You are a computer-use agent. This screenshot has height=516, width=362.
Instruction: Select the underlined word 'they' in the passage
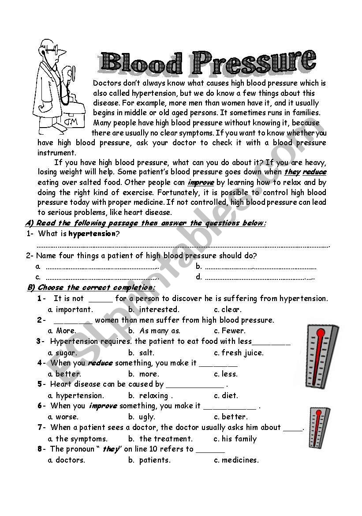point(292,172)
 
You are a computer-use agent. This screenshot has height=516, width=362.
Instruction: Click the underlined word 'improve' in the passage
point(201,182)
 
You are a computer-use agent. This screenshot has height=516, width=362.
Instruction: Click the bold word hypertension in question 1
point(92,234)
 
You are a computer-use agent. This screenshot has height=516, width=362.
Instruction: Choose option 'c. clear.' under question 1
point(228,309)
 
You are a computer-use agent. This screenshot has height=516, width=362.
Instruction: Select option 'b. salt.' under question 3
point(141,353)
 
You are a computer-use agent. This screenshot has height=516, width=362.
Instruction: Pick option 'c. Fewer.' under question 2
point(229,331)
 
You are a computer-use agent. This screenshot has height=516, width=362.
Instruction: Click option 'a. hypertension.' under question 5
point(76,395)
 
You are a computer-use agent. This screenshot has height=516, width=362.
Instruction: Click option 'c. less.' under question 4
point(225,374)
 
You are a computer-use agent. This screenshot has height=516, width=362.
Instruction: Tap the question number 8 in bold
point(40,449)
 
